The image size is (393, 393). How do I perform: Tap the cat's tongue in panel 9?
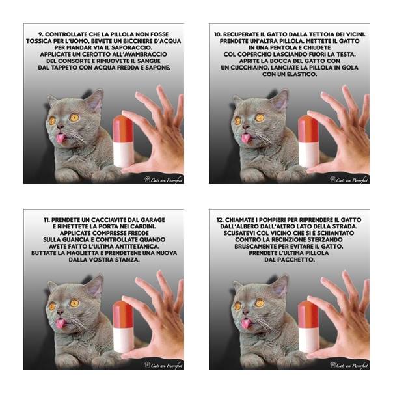click(x=60, y=139)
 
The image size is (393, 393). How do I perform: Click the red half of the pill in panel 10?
click(x=308, y=129)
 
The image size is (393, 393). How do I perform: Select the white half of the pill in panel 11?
click(x=124, y=340)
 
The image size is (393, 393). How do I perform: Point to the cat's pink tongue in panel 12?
click(x=246, y=324)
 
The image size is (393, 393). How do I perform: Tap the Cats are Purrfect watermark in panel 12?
click(x=349, y=365)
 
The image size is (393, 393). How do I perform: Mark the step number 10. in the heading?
click(x=217, y=34)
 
